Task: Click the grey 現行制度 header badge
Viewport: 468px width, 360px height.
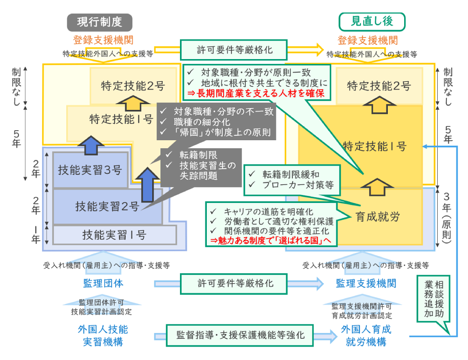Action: coord(99,22)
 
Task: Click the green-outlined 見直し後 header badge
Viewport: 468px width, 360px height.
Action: coord(372,22)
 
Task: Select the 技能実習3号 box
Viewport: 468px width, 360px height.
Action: coord(90,170)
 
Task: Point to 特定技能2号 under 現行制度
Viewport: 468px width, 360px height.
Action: coord(133,86)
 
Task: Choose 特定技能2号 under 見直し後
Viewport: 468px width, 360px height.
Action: coord(379,86)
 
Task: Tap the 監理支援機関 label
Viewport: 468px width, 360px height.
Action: coord(366,283)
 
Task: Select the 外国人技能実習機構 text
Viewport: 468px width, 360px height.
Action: coord(103,336)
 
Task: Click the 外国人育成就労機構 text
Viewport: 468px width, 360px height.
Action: coord(366,336)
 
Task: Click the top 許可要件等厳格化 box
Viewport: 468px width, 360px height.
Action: coord(234,49)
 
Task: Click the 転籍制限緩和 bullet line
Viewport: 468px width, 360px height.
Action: coord(291,175)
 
